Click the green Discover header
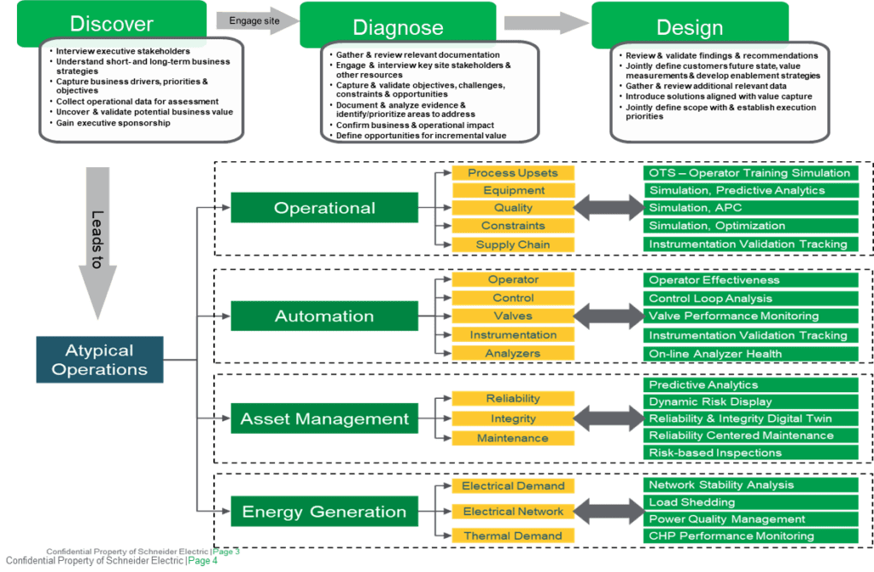(112, 23)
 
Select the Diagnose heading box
(398, 26)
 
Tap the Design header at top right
(690, 26)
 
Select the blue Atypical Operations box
(100, 359)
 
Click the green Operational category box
(324, 208)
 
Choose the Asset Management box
(324, 419)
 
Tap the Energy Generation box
(324, 511)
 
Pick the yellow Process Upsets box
(513, 173)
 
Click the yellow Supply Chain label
(513, 245)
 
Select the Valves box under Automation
(513, 316)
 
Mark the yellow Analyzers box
(513, 353)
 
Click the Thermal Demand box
(513, 536)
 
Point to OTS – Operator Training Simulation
(749, 173)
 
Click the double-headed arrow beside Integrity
(608, 419)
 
